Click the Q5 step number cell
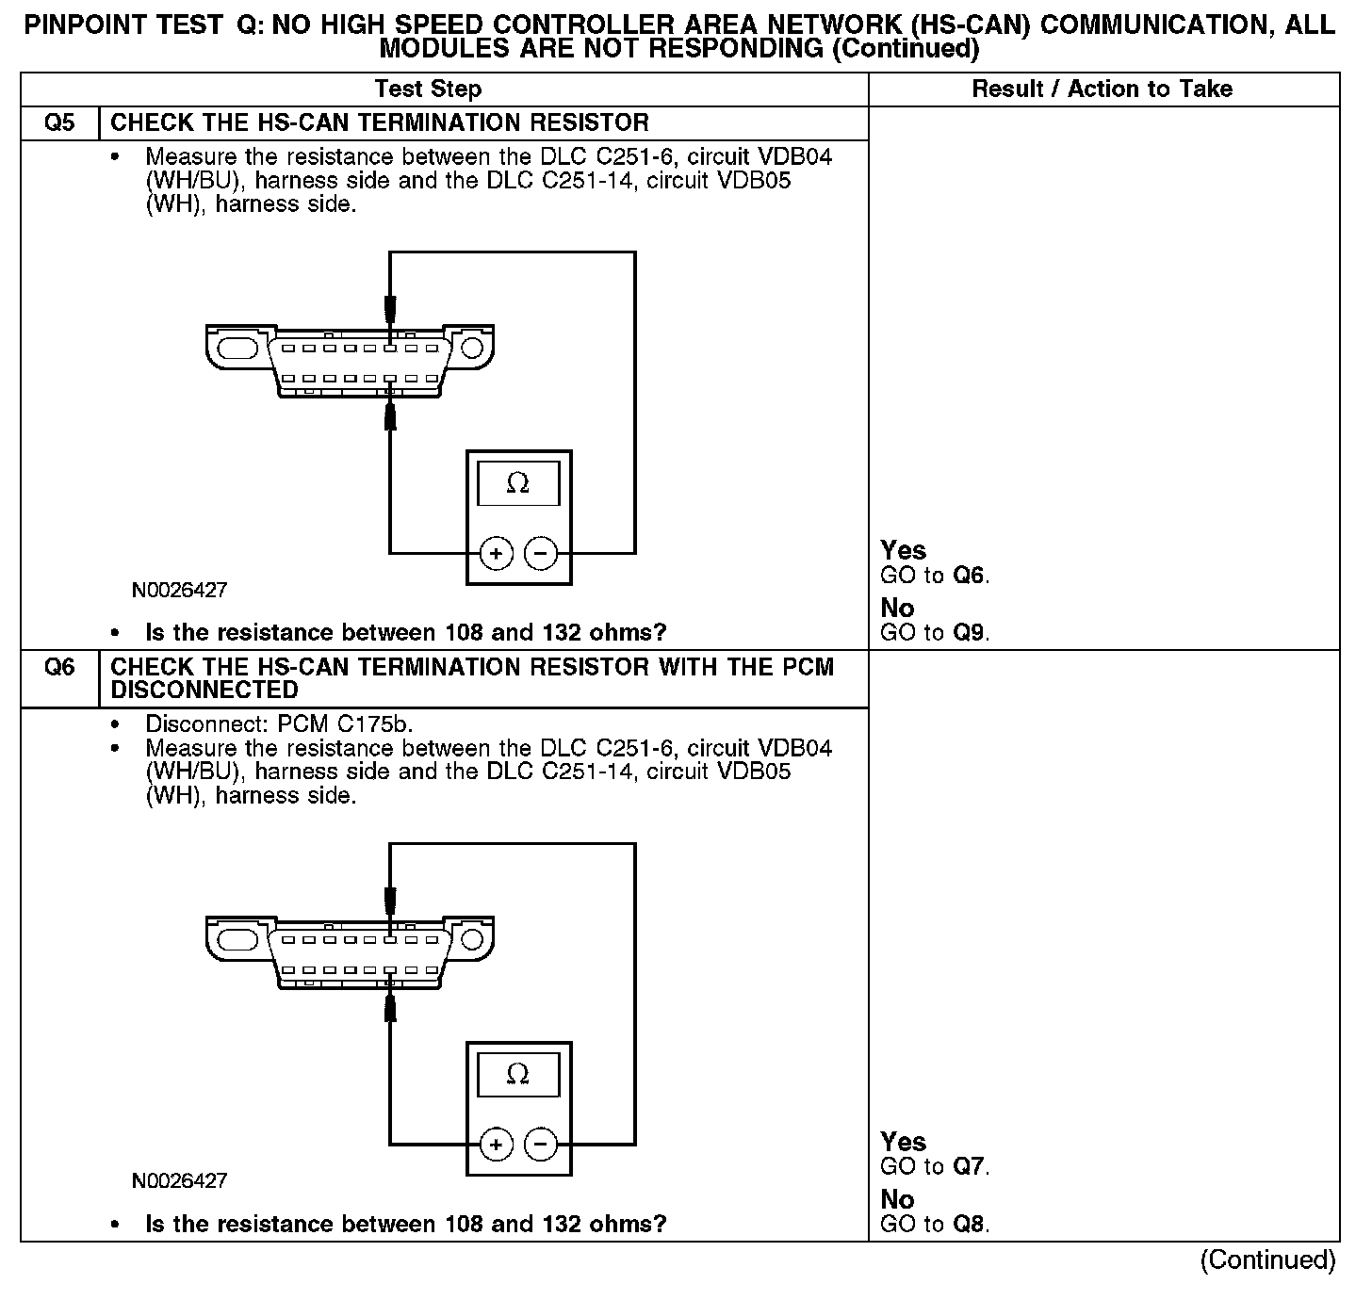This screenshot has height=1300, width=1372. [x=59, y=123]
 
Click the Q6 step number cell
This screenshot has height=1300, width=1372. [x=59, y=668]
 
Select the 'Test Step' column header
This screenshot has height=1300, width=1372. [x=428, y=89]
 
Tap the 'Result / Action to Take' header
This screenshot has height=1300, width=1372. [x=1102, y=89]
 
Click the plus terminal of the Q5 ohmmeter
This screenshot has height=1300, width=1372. [x=497, y=553]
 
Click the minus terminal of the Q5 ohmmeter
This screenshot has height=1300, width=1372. [x=540, y=553]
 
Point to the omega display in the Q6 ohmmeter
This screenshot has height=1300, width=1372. [x=518, y=1075]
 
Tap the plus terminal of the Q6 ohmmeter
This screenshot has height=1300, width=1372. [x=497, y=1145]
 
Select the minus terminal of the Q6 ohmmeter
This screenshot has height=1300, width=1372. [x=540, y=1145]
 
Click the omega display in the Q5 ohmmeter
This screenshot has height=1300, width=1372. [x=518, y=484]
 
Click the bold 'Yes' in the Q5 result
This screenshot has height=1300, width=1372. [x=903, y=550]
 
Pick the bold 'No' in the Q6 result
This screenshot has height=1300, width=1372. [x=897, y=1199]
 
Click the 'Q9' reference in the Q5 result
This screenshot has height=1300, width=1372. [x=970, y=632]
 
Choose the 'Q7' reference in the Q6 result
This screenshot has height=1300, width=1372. [x=970, y=1167]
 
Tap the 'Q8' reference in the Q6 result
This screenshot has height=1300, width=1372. [x=970, y=1224]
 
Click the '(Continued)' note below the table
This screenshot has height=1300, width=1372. [x=1267, y=1260]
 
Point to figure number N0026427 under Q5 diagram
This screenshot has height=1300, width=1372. [x=179, y=591]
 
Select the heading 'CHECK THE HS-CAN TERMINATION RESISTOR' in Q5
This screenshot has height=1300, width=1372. [x=380, y=123]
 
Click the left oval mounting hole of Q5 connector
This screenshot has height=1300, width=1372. [x=237, y=348]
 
